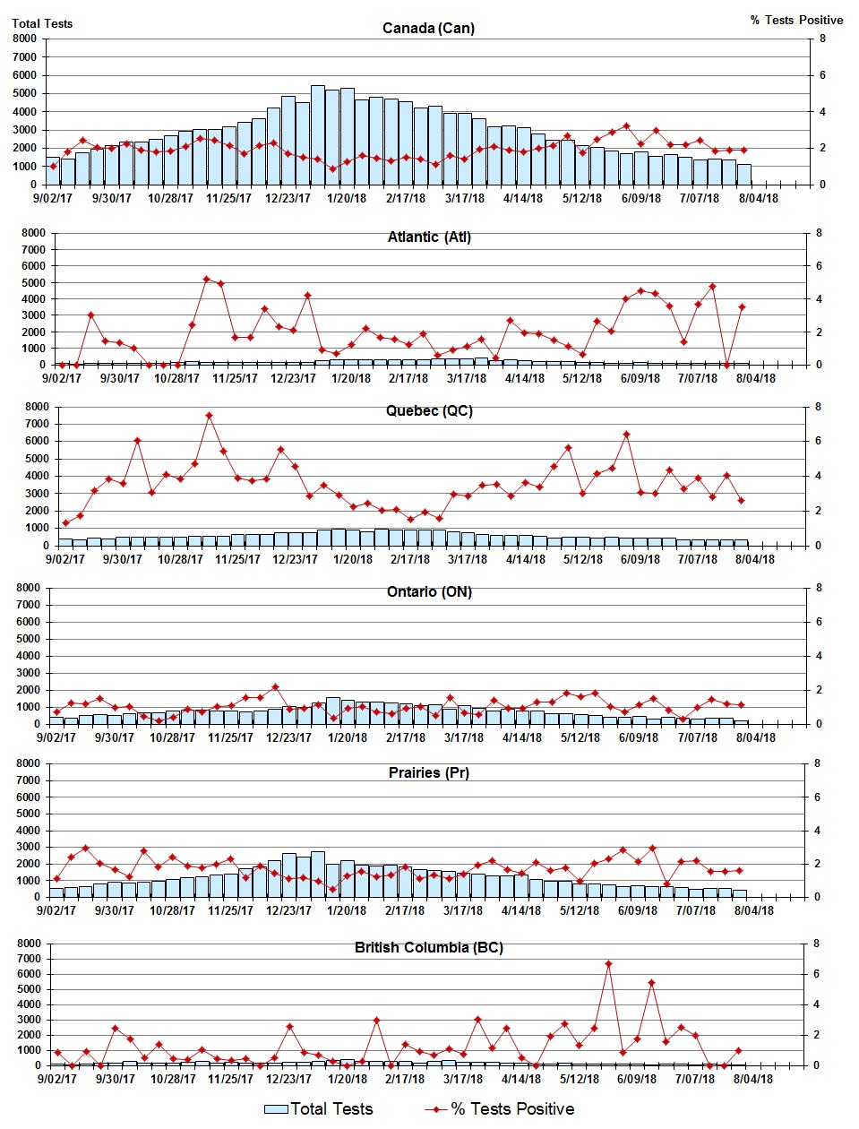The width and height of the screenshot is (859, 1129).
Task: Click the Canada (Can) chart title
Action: [x=428, y=28]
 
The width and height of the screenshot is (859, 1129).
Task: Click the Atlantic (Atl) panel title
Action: [x=429, y=237]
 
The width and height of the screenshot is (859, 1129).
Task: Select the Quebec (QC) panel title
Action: [x=429, y=410]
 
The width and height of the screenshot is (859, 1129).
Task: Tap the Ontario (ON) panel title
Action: [x=429, y=591]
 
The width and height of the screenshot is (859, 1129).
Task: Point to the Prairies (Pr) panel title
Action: [x=429, y=772]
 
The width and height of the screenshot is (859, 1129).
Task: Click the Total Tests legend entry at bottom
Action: [x=319, y=1109]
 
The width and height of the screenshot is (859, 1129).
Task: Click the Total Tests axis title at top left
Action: [x=42, y=23]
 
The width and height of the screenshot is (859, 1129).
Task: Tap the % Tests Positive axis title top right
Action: [x=796, y=20]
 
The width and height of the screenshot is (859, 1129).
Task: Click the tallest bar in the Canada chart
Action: [x=318, y=134]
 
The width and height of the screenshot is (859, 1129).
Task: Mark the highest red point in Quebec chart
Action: [x=209, y=416]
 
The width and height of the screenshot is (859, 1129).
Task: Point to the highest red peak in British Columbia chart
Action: [x=608, y=964]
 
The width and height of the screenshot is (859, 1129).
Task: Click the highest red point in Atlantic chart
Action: [x=206, y=279]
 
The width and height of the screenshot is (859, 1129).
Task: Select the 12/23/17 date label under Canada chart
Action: [x=288, y=198]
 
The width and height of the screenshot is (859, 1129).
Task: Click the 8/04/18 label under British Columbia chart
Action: [x=753, y=1079]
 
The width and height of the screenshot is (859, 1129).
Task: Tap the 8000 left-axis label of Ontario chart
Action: [x=28, y=588]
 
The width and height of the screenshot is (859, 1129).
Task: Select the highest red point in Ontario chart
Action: [x=275, y=687]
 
